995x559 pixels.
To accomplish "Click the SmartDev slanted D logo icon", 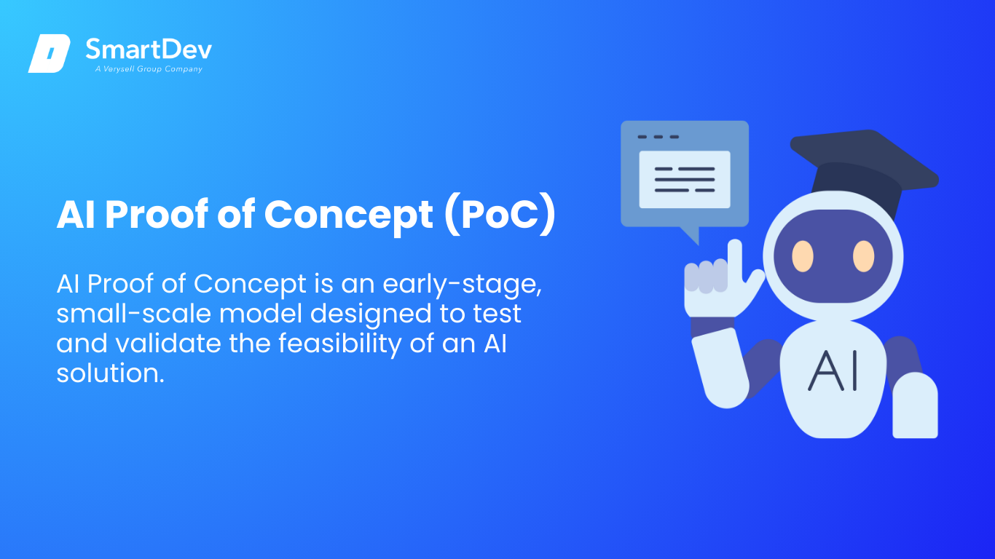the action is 50,53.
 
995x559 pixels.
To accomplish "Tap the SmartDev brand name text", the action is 149,49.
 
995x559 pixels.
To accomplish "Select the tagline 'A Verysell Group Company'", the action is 149,69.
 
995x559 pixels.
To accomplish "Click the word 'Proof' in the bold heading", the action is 157,215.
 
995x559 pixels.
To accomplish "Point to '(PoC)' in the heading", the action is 500,215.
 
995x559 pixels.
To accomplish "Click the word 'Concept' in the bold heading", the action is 349,216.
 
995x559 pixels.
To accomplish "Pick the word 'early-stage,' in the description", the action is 462,284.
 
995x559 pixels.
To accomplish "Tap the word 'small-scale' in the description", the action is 134,313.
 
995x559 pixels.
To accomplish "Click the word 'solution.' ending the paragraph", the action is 110,373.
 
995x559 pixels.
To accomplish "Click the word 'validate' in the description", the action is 168,344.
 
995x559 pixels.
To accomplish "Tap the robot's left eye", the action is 803,256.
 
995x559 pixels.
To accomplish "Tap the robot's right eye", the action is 863,256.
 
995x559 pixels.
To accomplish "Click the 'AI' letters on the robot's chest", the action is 832,370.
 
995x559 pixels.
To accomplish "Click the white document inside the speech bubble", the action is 685,179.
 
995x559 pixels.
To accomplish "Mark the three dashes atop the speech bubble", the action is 658,137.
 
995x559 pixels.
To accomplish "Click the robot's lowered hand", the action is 915,405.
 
